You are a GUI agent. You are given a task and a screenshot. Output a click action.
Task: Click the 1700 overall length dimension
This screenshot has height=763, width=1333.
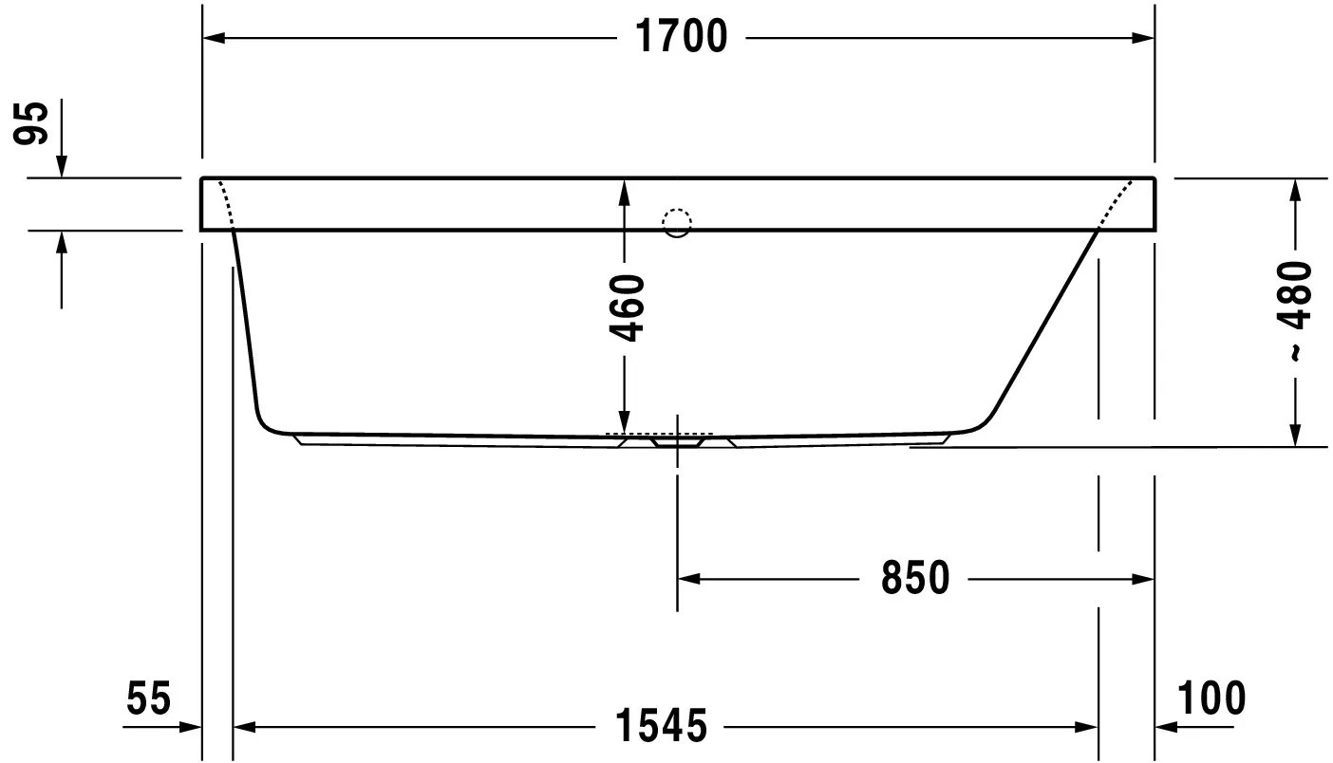(x=680, y=37)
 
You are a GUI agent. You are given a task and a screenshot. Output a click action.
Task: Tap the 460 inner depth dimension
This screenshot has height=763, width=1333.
(x=627, y=307)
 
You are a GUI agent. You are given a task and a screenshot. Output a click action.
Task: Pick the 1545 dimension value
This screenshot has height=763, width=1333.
(x=661, y=727)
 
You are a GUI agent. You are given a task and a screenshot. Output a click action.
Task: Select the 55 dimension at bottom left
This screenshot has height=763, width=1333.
(x=149, y=699)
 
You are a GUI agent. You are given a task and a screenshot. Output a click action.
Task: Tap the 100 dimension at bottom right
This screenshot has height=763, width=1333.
(x=1211, y=699)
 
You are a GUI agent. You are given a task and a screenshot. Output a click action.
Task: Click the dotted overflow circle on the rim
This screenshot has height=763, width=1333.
(x=677, y=222)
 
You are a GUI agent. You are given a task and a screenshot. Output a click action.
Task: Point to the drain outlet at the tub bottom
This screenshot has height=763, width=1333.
(x=677, y=440)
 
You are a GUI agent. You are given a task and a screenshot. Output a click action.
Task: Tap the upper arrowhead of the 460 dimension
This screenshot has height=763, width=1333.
(x=624, y=192)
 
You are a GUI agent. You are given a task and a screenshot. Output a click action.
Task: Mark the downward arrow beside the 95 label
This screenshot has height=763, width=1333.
(x=62, y=165)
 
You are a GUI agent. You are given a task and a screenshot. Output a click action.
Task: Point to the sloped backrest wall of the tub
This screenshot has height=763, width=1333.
(x=1044, y=323)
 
